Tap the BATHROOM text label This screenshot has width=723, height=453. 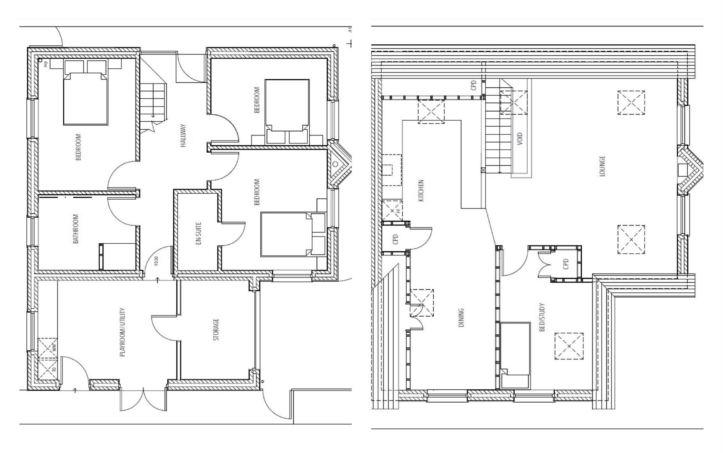tap(76, 229)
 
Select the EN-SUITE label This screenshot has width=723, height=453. tap(199, 233)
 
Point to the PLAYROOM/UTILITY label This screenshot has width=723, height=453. tap(122, 332)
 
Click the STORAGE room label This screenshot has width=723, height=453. tap(216, 329)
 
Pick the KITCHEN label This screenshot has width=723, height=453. tap(421, 190)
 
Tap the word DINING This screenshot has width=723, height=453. tap(461, 318)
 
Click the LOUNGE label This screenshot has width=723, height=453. tap(602, 166)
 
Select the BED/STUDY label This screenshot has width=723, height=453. tap(542, 317)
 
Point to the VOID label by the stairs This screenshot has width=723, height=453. tap(520, 139)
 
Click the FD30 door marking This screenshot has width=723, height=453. tap(156, 261)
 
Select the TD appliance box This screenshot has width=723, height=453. tap(47, 370)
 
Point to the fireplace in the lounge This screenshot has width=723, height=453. tap(687, 169)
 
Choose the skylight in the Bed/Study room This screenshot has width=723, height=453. tap(569, 346)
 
